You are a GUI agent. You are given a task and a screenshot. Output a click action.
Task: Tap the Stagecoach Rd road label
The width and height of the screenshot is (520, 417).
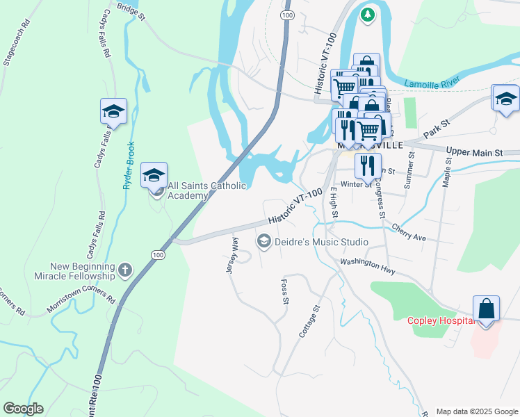pos(17,42)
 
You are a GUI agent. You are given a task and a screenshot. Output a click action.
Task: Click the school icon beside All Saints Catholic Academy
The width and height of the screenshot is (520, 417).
pos(154,175)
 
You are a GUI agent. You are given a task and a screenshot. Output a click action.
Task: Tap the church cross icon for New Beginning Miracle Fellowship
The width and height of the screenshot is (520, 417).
pos(125,270)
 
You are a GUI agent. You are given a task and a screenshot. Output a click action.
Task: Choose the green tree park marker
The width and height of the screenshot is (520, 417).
pos(368,14)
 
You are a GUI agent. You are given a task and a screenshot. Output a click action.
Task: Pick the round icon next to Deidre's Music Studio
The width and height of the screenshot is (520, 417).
pos(263,241)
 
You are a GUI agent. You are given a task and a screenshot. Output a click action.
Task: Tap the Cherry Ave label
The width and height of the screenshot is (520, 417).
pos(408,232)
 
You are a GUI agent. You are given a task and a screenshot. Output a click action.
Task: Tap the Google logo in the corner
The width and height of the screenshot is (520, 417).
pos(23,409)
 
